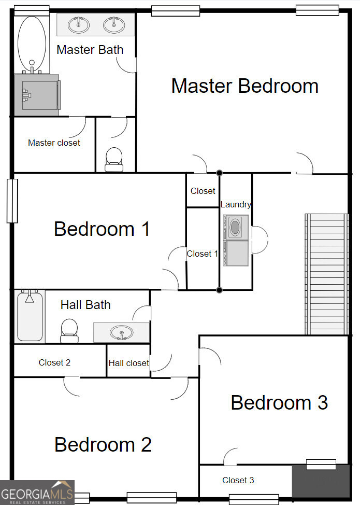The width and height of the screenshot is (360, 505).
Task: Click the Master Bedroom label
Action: (x=244, y=86)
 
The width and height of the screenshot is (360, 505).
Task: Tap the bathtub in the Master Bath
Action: (x=32, y=44)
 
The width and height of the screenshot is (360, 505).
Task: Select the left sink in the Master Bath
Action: (x=79, y=24)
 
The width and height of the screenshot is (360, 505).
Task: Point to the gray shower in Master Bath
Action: (x=36, y=94)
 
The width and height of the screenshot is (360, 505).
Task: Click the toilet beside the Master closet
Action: (x=113, y=159)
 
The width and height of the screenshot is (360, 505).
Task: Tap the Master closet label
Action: (x=54, y=143)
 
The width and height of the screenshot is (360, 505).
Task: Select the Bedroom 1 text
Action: (x=102, y=229)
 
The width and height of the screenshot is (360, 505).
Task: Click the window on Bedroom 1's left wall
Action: (x=11, y=201)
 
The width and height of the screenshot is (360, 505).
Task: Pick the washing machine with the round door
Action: (x=236, y=227)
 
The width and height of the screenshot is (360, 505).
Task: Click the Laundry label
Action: (x=236, y=204)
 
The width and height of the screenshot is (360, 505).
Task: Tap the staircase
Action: (x=326, y=274)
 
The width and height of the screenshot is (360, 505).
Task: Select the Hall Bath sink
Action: (x=121, y=332)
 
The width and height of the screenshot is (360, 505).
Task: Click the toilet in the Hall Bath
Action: (x=69, y=330)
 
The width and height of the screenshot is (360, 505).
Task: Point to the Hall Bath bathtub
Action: (x=30, y=316)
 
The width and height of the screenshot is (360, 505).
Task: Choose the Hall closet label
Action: (x=128, y=363)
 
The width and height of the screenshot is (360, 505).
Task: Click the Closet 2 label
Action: (x=54, y=362)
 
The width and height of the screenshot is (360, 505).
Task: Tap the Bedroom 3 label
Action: (x=279, y=402)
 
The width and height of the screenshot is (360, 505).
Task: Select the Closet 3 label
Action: (x=238, y=480)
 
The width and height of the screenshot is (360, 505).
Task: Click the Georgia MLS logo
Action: (x=37, y=493)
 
